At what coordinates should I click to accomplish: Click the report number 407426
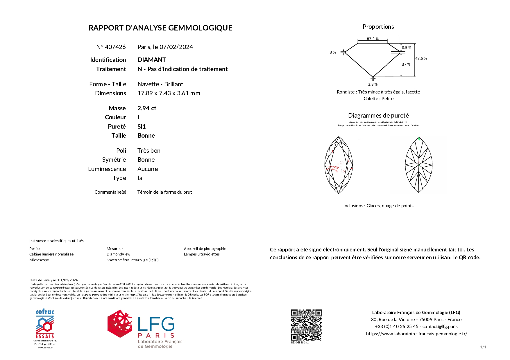115,47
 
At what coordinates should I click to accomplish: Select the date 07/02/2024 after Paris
176,47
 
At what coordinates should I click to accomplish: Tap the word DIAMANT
152,60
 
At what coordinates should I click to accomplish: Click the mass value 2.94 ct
147,108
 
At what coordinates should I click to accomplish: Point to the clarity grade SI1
142,127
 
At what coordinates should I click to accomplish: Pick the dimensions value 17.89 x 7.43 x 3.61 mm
169,93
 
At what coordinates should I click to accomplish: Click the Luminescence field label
107,169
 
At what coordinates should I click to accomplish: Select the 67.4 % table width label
373,39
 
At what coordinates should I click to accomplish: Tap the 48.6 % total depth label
421,58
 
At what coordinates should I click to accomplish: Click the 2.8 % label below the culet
373,84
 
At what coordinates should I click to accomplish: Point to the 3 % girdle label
333,53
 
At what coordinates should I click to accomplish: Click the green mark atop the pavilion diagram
419,139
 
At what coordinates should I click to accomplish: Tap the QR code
307,325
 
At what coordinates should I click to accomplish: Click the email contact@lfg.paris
440,327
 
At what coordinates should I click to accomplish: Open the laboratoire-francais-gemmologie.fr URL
416,334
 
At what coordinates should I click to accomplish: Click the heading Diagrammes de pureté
378,116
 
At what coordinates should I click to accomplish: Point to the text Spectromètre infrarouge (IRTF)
133,260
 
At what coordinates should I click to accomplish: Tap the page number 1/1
483,347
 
